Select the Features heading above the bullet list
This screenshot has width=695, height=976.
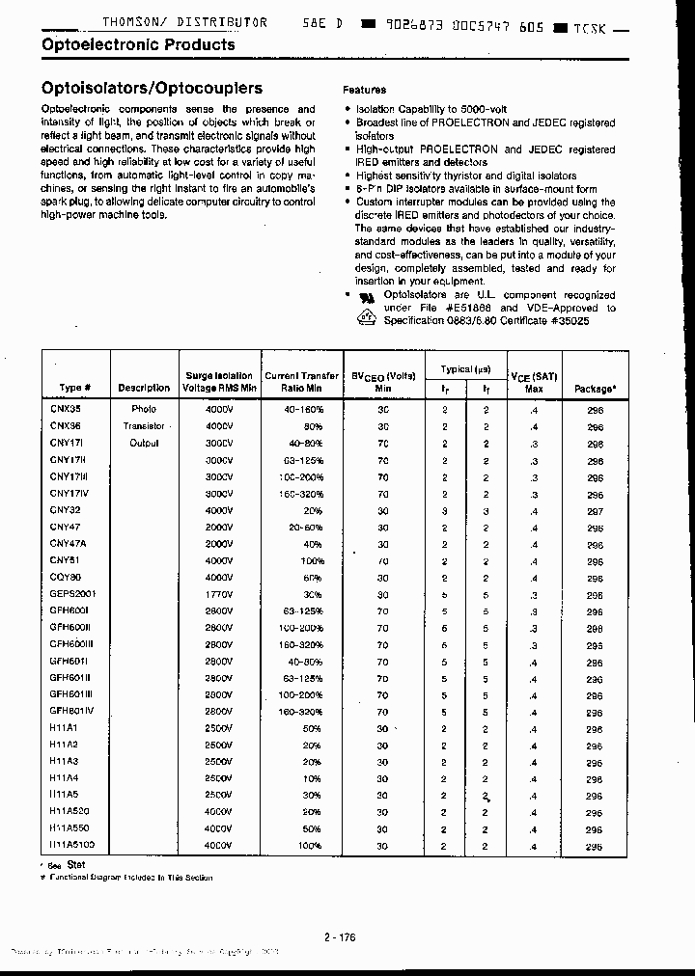click(364, 90)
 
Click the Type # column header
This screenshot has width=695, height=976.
click(74, 388)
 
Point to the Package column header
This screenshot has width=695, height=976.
click(595, 389)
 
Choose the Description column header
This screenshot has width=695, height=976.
click(144, 388)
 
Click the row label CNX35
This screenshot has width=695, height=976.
click(66, 409)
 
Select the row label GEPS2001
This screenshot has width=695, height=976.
click(73, 594)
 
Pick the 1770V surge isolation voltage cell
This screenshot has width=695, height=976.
click(219, 594)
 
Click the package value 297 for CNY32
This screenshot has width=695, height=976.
click(595, 511)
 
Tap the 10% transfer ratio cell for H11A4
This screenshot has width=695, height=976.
click(312, 779)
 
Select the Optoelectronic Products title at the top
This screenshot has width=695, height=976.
click(138, 44)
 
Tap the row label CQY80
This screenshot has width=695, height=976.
click(66, 578)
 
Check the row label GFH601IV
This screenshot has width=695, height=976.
click(72, 712)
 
